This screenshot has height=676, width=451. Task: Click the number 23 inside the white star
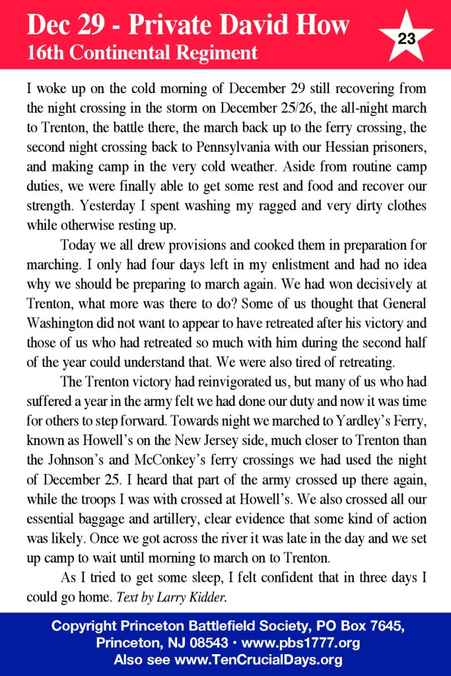pos(407,38)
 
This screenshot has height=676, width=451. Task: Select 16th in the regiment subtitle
pos(45,53)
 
